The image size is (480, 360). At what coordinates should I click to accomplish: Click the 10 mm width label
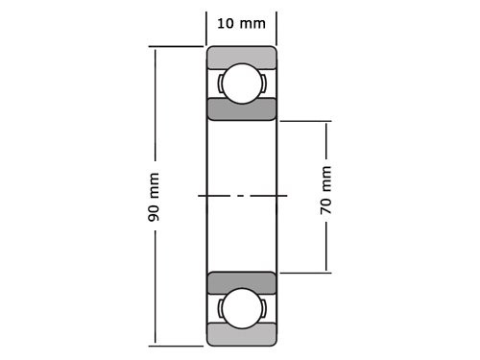click(x=241, y=23)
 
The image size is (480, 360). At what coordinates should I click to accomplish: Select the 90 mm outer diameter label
click(x=154, y=197)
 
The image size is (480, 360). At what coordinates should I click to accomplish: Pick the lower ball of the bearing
click(x=241, y=309)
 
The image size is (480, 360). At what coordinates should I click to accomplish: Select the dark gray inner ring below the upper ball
click(x=241, y=108)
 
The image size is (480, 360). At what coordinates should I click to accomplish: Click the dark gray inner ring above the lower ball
click(x=241, y=283)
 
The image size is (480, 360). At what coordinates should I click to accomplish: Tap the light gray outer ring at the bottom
click(x=241, y=335)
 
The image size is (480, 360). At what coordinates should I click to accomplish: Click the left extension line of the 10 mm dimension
click(x=206, y=27)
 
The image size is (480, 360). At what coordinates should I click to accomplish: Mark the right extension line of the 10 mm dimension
click(x=276, y=27)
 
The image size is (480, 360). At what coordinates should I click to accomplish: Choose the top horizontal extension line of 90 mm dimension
click(x=177, y=46)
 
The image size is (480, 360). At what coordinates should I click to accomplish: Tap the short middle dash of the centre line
click(x=241, y=196)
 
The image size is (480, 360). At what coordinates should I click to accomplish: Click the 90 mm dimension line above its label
click(x=154, y=106)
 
